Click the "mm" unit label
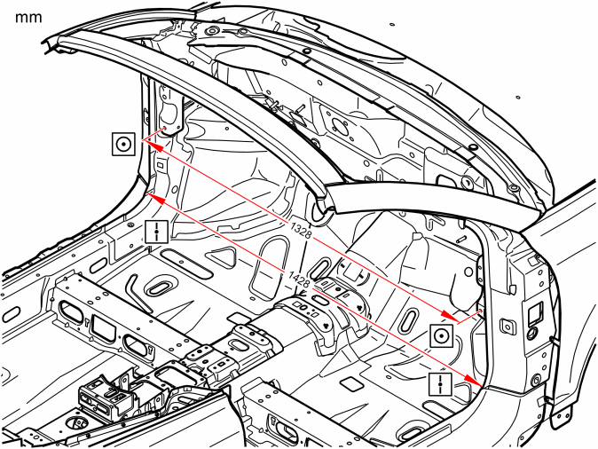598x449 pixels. point(28,18)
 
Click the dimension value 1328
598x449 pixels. point(301,230)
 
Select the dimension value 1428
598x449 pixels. point(299,280)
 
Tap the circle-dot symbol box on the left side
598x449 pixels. point(123,145)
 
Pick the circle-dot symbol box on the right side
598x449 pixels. point(442,335)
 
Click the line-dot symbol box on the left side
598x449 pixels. point(156,232)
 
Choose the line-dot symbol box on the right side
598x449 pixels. point(440,384)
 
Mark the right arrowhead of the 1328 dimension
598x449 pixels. point(450,315)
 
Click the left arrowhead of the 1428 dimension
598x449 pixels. point(156,199)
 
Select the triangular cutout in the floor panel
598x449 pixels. point(222,257)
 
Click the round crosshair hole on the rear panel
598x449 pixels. point(337,125)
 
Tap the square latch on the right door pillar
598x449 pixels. point(508,327)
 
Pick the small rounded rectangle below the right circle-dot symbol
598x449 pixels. point(351,384)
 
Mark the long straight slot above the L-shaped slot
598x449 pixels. point(186,263)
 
